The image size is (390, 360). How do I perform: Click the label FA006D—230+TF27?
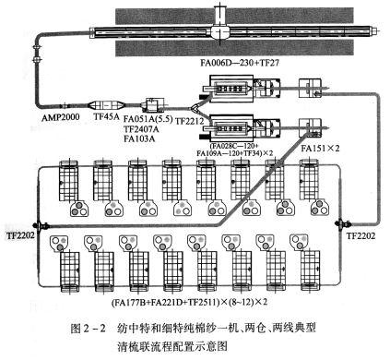tap(240, 63)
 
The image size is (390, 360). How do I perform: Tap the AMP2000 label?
tap(60, 117)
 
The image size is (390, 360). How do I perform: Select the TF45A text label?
tap(106, 117)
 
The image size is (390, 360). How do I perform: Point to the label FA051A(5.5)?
tap(148, 119)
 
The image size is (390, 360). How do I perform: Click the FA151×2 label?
tap(320, 148)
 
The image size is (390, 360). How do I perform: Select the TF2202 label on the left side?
tap(19, 236)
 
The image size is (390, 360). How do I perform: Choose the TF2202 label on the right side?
tap(360, 236)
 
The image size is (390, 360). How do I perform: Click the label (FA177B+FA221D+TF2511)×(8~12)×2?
tap(189, 302)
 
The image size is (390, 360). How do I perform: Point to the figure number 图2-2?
tap(88, 329)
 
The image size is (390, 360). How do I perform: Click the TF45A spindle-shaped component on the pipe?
tap(106, 106)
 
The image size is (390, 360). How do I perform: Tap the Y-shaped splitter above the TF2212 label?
tap(195, 108)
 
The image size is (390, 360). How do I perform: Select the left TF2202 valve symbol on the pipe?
tap(40, 226)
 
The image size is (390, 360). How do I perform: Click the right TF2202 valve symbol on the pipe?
tap(341, 224)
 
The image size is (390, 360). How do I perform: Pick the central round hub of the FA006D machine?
tap(220, 31)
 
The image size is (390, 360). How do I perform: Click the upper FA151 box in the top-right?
tap(310, 89)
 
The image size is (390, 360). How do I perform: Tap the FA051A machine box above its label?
tap(153, 105)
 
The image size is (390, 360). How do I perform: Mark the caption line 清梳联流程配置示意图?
tap(172, 346)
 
